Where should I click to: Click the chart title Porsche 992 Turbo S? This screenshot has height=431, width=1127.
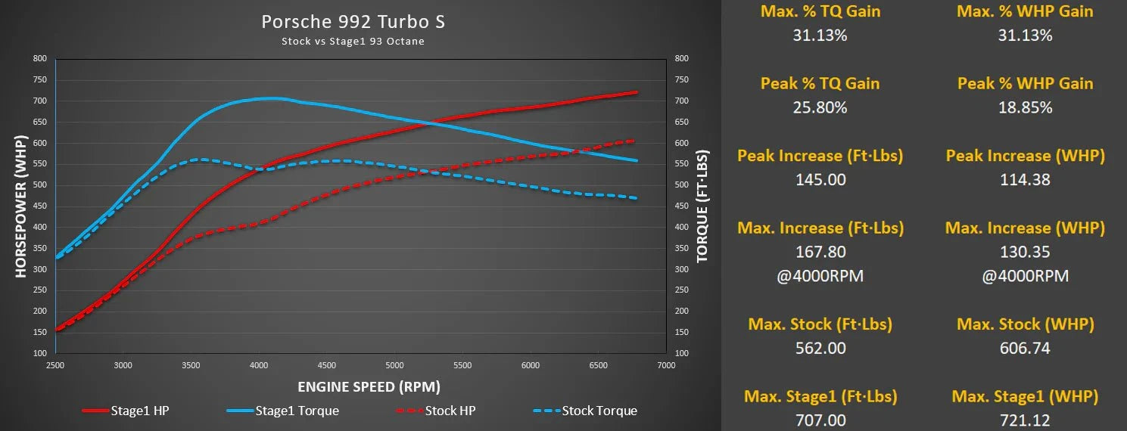pyautogui.click(x=353, y=22)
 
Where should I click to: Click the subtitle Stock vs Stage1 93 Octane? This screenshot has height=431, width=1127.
pyautogui.click(x=353, y=42)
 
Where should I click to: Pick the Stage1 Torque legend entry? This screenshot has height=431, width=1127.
pyautogui.click(x=282, y=411)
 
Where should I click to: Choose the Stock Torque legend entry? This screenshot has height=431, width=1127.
pyautogui.click(x=585, y=411)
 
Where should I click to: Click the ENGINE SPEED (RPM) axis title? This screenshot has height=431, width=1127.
pyautogui.click(x=369, y=386)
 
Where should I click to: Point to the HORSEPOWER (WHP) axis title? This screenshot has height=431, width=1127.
pyautogui.click(x=21, y=206)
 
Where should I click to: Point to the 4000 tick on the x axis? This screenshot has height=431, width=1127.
pyautogui.click(x=259, y=365)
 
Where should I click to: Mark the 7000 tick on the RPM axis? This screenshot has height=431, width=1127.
pyautogui.click(x=666, y=365)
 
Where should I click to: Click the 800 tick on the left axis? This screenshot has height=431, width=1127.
pyautogui.click(x=39, y=58)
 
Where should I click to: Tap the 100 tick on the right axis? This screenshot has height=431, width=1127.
pyautogui.click(x=682, y=353)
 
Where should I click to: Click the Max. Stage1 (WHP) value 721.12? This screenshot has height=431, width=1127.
pyautogui.click(x=1025, y=420)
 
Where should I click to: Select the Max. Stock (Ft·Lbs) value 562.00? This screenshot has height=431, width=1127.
pyautogui.click(x=820, y=348)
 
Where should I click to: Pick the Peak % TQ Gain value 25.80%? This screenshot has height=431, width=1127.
pyautogui.click(x=820, y=107)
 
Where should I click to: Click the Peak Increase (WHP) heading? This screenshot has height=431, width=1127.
pyautogui.click(x=1025, y=156)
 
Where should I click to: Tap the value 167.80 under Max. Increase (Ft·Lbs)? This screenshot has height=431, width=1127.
pyautogui.click(x=820, y=252)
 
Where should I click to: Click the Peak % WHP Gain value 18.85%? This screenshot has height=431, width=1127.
pyautogui.click(x=1025, y=107)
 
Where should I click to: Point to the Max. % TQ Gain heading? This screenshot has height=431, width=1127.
pyautogui.click(x=820, y=11)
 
